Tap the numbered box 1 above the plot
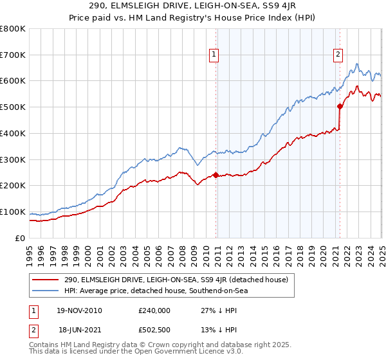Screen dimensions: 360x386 coord(213,55)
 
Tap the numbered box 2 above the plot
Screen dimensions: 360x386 coord(338,55)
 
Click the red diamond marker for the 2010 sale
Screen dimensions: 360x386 coord(216,175)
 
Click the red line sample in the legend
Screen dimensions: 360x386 coord(46,280)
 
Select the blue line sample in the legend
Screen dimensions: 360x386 coord(46,291)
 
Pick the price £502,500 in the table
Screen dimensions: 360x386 coord(154,328)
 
